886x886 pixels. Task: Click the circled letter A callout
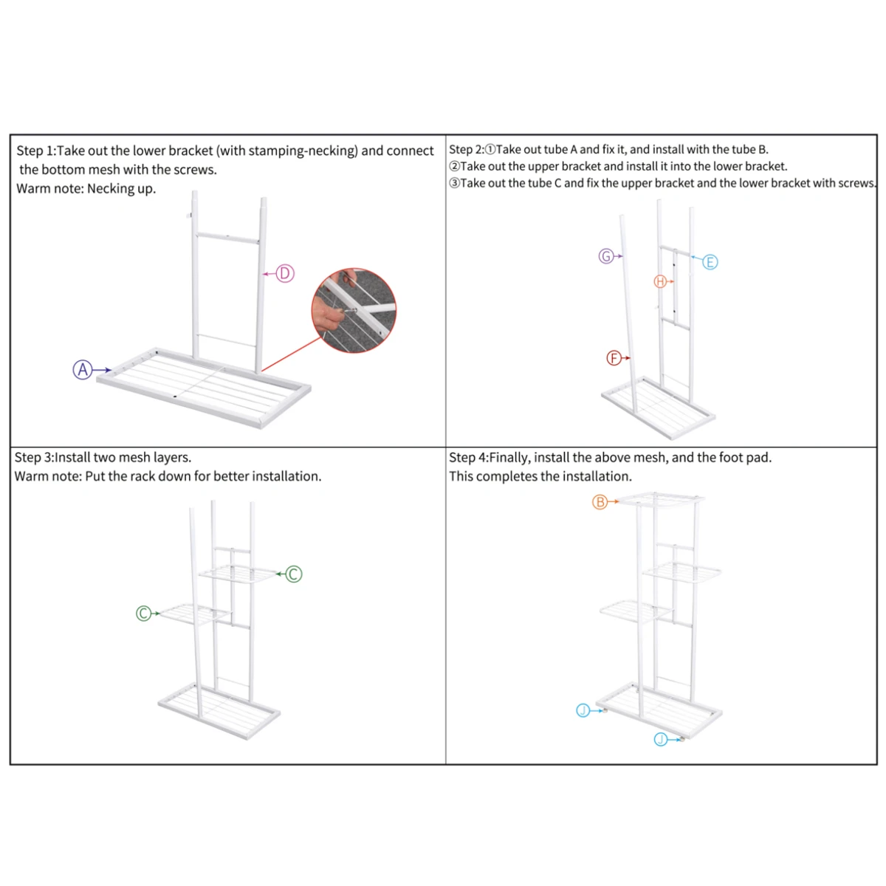83,370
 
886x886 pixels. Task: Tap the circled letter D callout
285,274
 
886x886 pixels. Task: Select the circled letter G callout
606,256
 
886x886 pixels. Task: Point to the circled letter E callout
710,262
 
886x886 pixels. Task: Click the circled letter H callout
661,281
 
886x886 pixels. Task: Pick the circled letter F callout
614,358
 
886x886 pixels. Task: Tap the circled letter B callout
600,502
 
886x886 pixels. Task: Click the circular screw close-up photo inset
354,311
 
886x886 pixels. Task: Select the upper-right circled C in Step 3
294,574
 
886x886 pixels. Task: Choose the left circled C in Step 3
144,614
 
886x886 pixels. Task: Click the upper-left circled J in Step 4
583,710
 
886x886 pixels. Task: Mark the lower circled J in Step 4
661,739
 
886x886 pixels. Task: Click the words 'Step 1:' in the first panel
35,151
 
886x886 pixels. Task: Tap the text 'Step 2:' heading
467,149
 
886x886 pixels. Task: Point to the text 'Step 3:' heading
34,457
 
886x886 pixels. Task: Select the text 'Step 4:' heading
468,457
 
